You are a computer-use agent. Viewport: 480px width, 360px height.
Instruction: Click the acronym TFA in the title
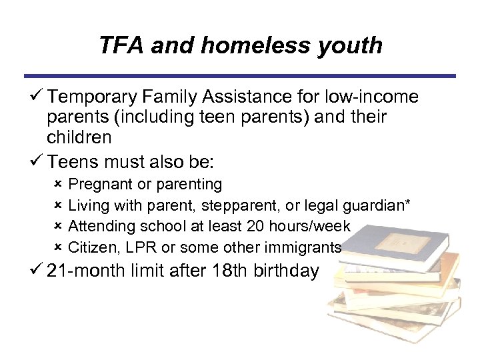coord(121,45)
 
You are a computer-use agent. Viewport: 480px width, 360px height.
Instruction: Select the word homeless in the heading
coord(264,45)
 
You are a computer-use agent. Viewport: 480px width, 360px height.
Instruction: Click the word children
coord(79,137)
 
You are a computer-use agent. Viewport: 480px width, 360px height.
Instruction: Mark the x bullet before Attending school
coord(58,227)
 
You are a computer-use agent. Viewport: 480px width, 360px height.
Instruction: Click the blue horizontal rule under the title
coord(240,76)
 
